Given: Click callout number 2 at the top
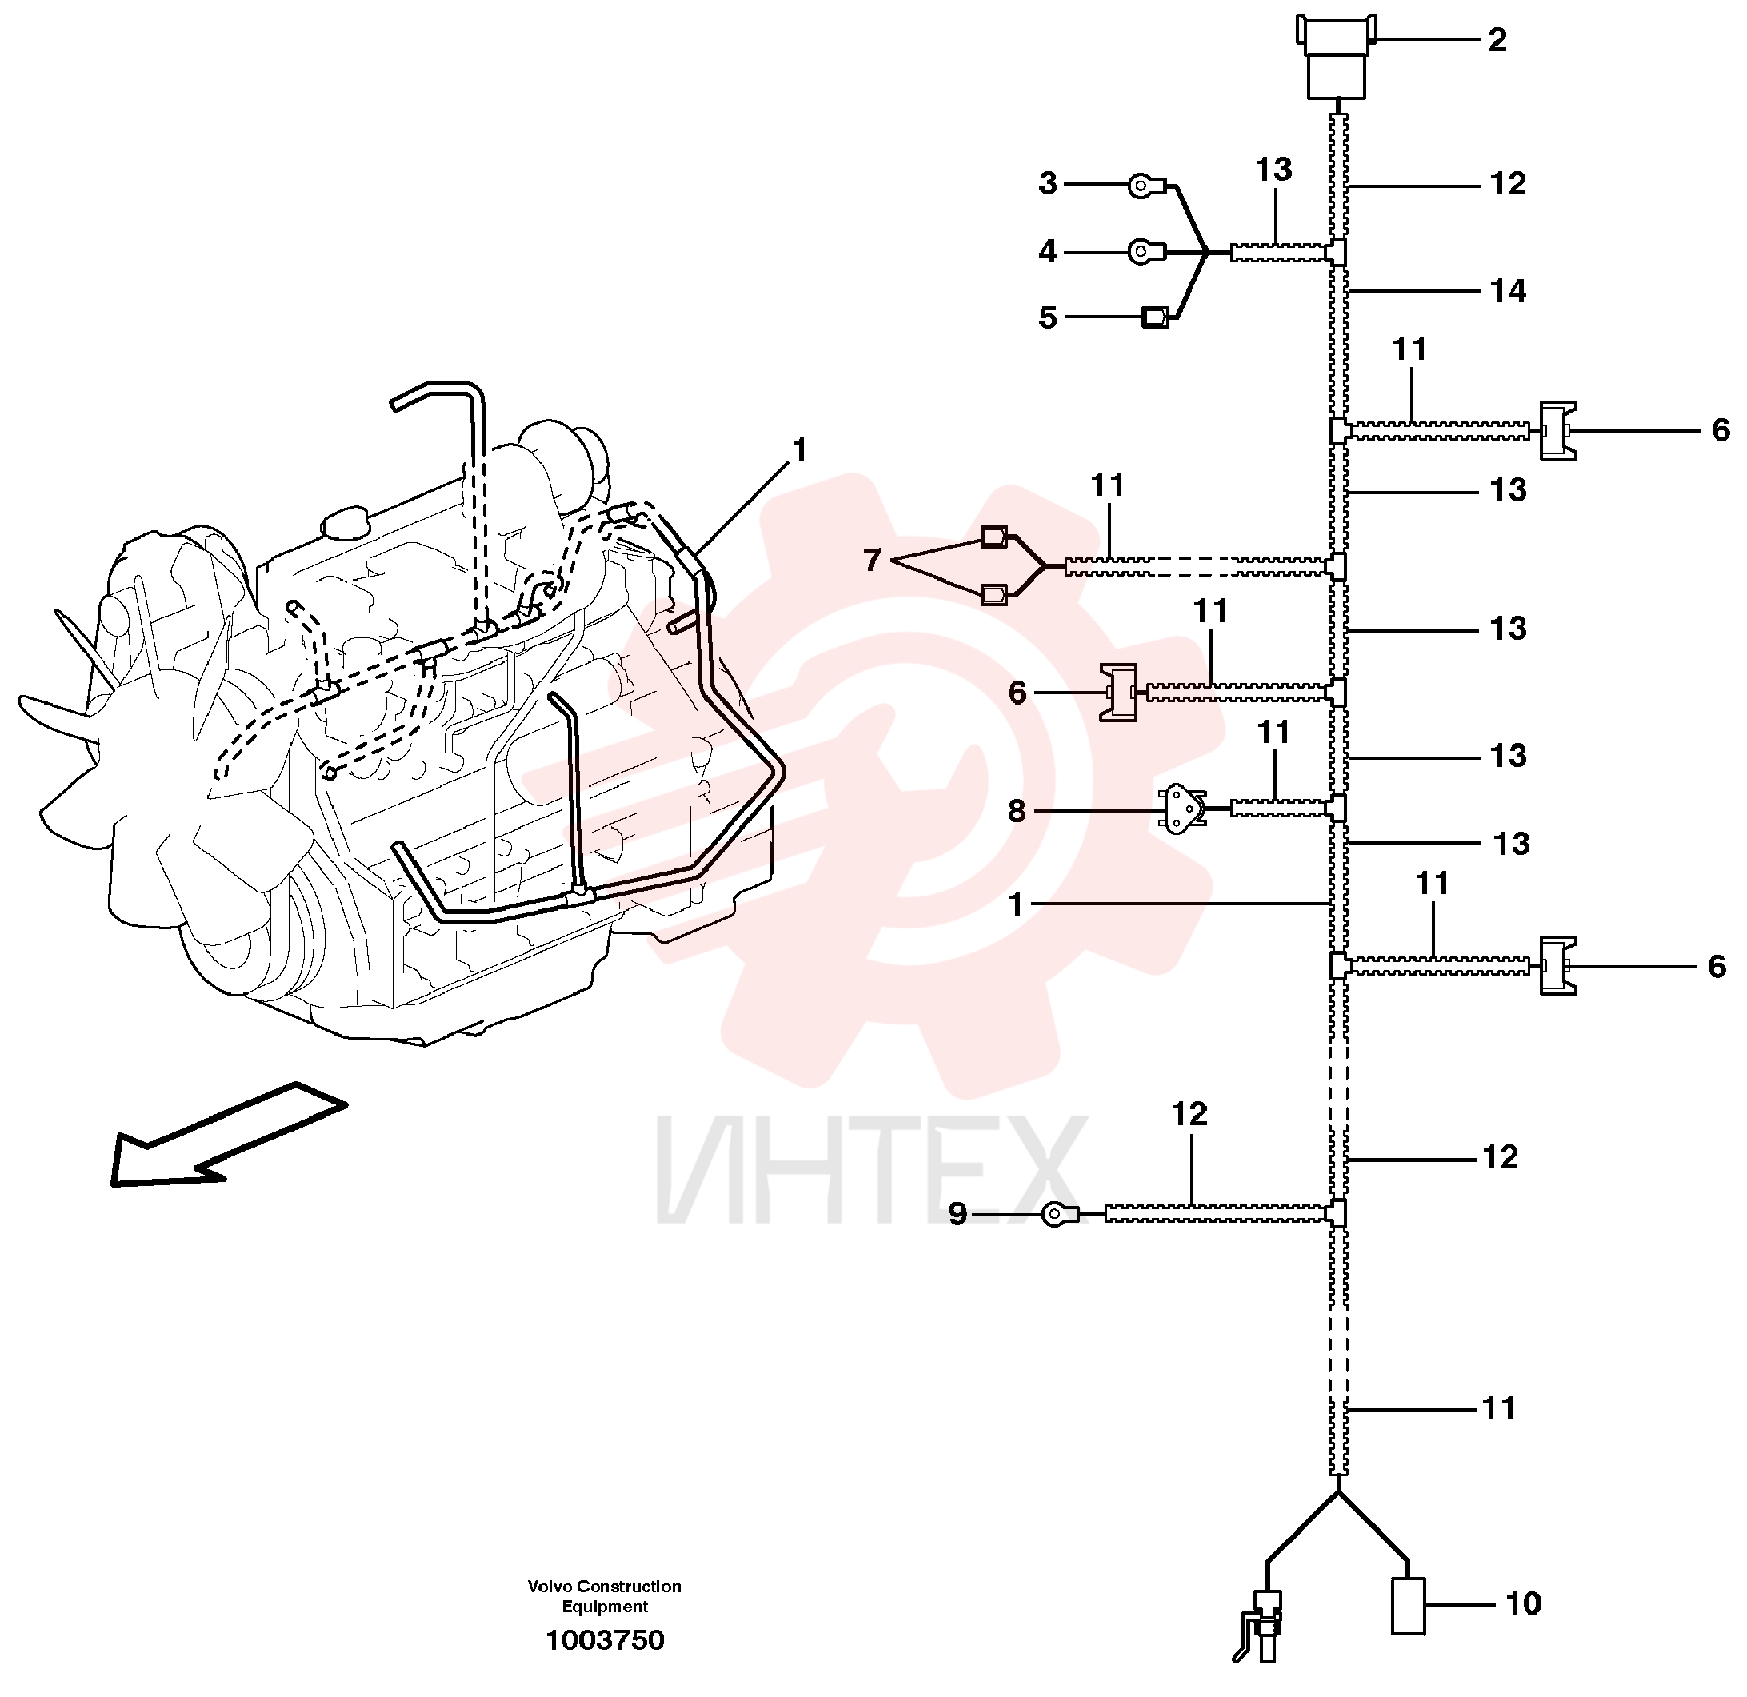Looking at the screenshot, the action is [x=1497, y=40].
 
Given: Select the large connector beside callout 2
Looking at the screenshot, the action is [x=1336, y=56].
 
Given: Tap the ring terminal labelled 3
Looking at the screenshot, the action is [x=1145, y=186].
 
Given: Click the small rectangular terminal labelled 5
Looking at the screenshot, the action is [x=1155, y=317].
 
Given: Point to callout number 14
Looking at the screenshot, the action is [x=1508, y=291].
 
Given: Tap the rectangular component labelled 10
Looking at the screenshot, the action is [x=1409, y=1606].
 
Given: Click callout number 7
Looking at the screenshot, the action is [x=872, y=560].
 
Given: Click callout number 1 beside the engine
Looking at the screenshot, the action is [x=800, y=451].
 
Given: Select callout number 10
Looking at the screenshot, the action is [x=1523, y=1604].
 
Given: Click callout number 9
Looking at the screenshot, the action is [x=957, y=1214].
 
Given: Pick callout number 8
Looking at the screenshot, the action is [x=1016, y=811].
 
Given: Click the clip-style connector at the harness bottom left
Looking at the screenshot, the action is [x=1261, y=1627].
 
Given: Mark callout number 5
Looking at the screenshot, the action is [x=1048, y=317].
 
